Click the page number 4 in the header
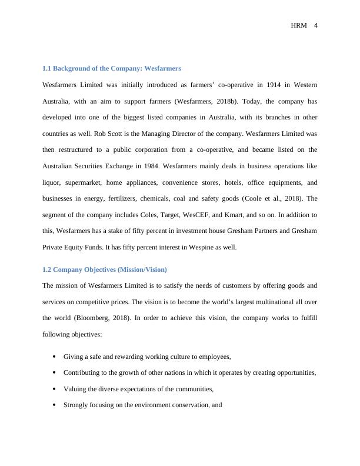315,25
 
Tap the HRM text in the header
299,25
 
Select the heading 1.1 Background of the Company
111,69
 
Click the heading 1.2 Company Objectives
105,269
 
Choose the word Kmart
256,215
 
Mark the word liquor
52,183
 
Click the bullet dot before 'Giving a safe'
54,357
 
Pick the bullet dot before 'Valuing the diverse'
54,389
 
